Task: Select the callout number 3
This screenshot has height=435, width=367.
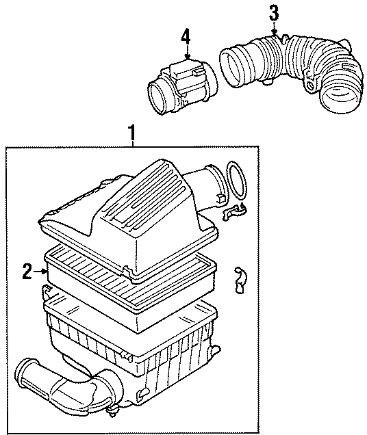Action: click(x=274, y=12)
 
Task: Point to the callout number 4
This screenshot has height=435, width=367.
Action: click(x=185, y=36)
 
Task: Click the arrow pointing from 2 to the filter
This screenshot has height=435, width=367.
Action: click(x=40, y=272)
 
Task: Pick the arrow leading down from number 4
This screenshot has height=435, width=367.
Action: click(x=185, y=53)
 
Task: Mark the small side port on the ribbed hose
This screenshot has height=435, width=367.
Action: click(x=313, y=86)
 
